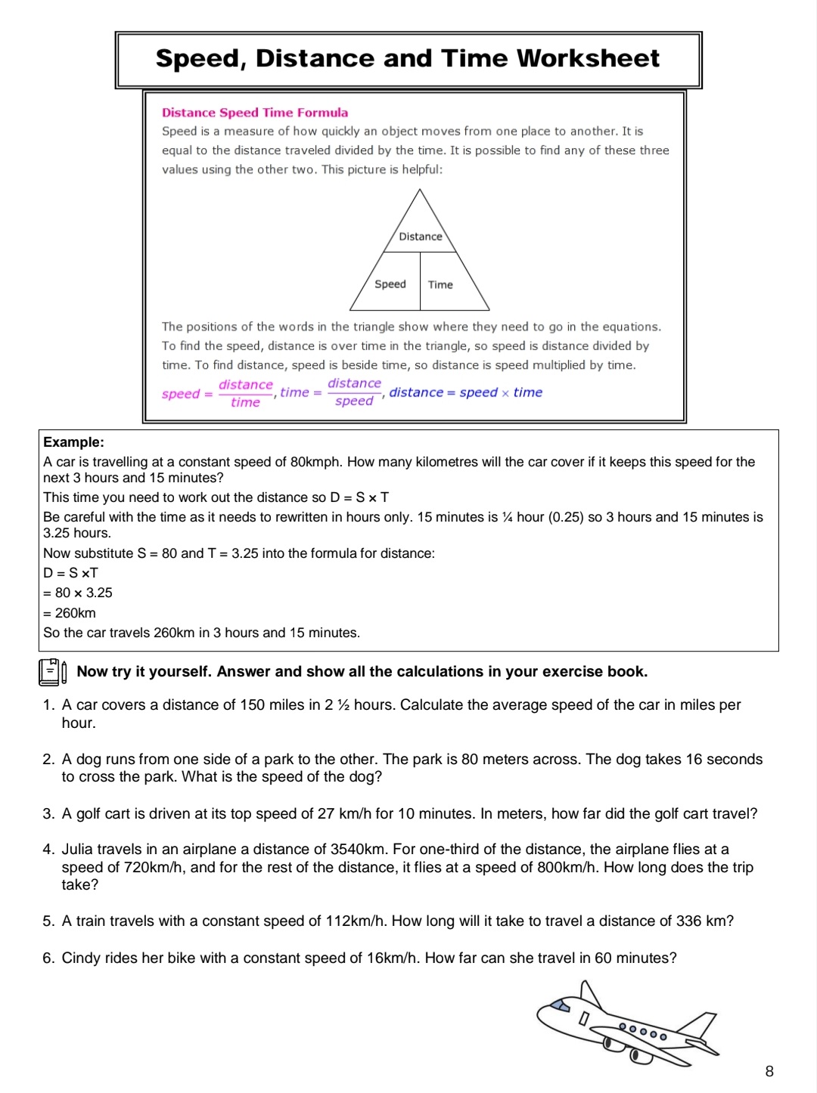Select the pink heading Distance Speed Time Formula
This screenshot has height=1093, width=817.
[x=255, y=113]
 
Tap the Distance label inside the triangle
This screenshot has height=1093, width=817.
[x=421, y=237]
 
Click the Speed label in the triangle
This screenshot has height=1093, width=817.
[x=390, y=284]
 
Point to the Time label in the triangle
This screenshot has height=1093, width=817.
[x=440, y=285]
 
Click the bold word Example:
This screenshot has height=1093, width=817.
[x=73, y=442]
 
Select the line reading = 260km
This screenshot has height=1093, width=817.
[x=70, y=613]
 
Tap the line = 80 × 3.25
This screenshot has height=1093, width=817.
[x=78, y=593]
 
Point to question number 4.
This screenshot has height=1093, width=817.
[x=48, y=850]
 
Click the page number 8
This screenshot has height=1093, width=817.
[x=769, y=1071]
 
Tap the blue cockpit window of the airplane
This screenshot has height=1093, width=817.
[x=561, y=1005]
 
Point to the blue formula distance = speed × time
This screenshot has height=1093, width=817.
[x=465, y=392]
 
